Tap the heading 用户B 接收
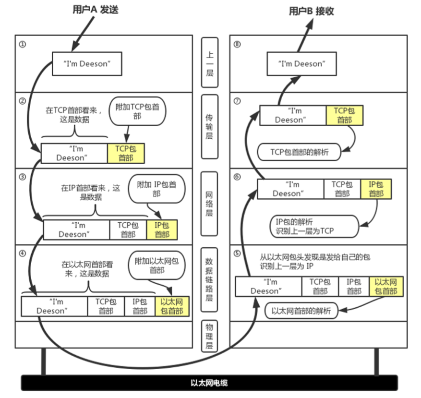coord(312,11)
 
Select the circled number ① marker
coord(22,44)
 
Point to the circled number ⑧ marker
coord(237,44)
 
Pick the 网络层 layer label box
coord(209,204)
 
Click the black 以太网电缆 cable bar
coord(209,383)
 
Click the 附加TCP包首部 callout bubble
coord(138,111)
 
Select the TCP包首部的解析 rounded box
coord(299,152)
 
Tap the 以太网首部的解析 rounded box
coord(301,311)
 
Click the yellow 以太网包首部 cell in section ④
coord(172,306)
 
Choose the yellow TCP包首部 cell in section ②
coord(126,153)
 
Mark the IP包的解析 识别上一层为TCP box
coord(314,226)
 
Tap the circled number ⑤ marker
coord(237,253)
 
